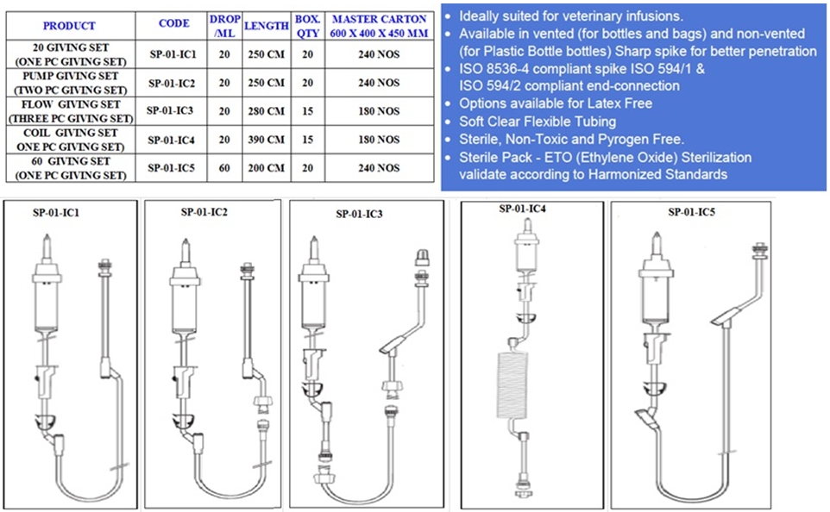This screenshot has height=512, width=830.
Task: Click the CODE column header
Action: [x=173, y=23]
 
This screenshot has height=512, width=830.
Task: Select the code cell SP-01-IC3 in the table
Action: [x=170, y=110]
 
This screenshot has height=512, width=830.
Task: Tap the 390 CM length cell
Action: [x=267, y=140]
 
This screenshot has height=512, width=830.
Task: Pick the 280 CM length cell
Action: [x=267, y=111]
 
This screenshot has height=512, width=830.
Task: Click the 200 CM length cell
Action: [x=267, y=168]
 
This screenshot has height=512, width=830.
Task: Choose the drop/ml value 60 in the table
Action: [x=224, y=168]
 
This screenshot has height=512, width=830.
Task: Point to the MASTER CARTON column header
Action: [x=379, y=26]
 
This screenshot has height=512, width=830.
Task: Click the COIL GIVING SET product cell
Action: [x=71, y=140]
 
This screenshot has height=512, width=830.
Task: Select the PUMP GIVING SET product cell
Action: [x=71, y=83]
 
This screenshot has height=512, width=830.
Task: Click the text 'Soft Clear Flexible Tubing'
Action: [x=538, y=122]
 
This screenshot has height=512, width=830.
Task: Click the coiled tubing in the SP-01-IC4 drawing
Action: [x=512, y=384]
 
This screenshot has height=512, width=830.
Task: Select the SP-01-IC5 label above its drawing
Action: [x=691, y=211]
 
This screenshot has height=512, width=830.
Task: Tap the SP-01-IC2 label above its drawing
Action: [x=204, y=211]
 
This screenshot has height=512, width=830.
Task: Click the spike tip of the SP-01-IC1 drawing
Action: [x=47, y=236]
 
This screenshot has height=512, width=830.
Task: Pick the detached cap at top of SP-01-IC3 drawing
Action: [x=422, y=258]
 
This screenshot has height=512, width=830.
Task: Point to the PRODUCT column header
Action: [x=69, y=25]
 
